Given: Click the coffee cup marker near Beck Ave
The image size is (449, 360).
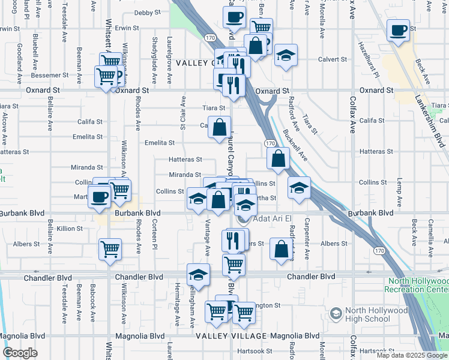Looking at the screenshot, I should (398, 29).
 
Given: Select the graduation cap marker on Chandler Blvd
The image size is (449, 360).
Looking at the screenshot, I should (199, 274).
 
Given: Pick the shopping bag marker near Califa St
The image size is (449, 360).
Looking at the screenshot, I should (220, 127).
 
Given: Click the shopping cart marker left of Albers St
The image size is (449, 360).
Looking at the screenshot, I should (110, 248).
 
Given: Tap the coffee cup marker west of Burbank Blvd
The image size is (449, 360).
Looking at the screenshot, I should (99, 196).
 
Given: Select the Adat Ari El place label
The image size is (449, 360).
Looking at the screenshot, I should (271, 219).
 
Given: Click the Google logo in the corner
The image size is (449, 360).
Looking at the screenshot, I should (20, 353).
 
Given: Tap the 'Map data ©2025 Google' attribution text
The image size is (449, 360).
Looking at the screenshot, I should (411, 355).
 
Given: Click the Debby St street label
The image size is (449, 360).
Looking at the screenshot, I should (148, 12).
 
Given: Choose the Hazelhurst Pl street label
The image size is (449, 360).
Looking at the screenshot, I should (367, 59).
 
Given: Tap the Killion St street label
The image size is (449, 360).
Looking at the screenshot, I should (70, 229).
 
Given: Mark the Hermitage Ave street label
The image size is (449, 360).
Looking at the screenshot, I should (178, 305).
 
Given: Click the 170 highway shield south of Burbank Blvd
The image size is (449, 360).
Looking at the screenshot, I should (378, 249).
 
